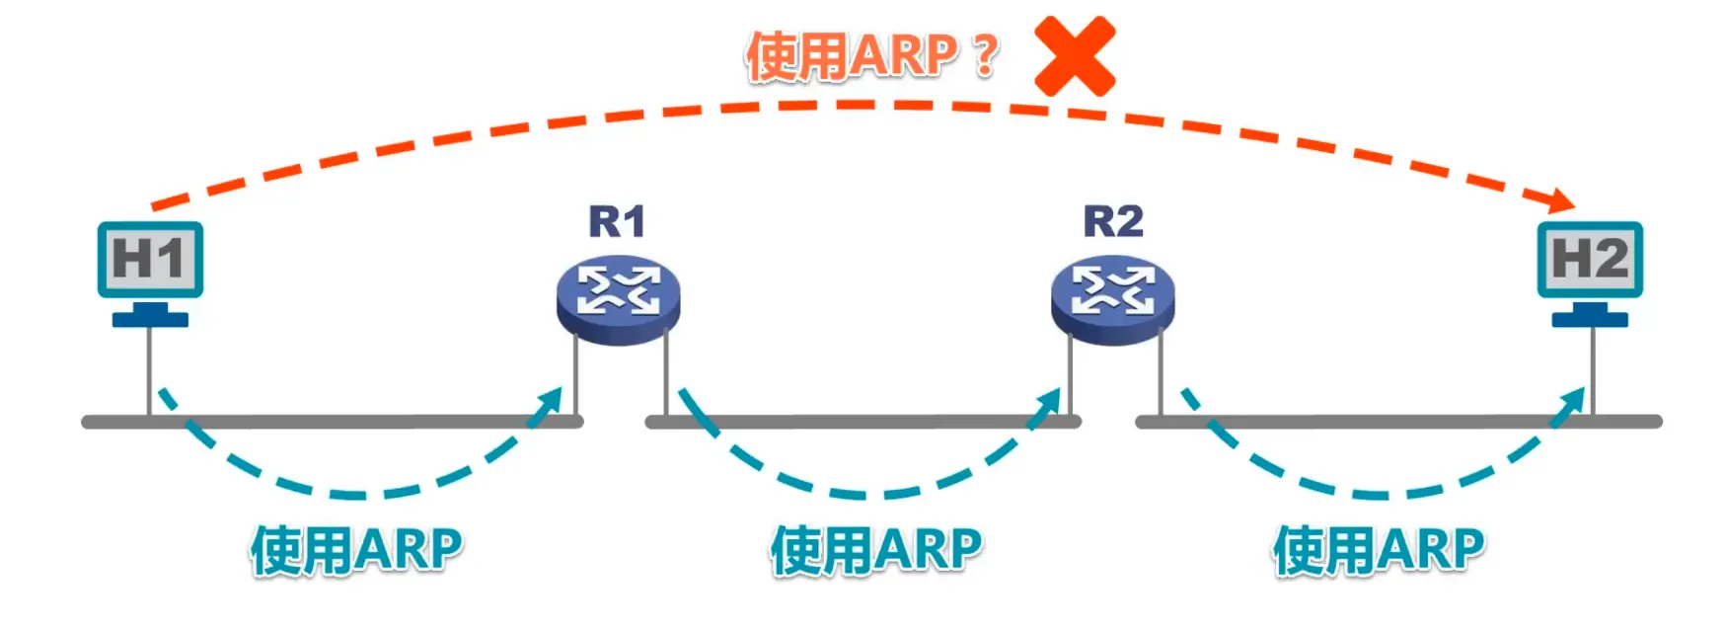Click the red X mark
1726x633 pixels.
[x=1074, y=55]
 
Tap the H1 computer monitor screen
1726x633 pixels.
[x=150, y=259]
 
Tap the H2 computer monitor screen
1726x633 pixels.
[x=1590, y=259]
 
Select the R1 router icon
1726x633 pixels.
[x=618, y=299]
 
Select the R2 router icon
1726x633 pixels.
[x=1112, y=299]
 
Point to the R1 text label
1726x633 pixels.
[x=617, y=221]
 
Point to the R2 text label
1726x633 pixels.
[x=1113, y=221]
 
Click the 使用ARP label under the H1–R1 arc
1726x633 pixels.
[x=356, y=550]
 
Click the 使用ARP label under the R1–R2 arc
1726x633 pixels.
[x=876, y=550]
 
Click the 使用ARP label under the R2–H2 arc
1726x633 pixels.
[x=1379, y=550]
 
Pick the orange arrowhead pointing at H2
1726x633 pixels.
[x=1562, y=200]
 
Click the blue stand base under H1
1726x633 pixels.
[x=150, y=319]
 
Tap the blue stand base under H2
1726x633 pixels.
[x=1590, y=319]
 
